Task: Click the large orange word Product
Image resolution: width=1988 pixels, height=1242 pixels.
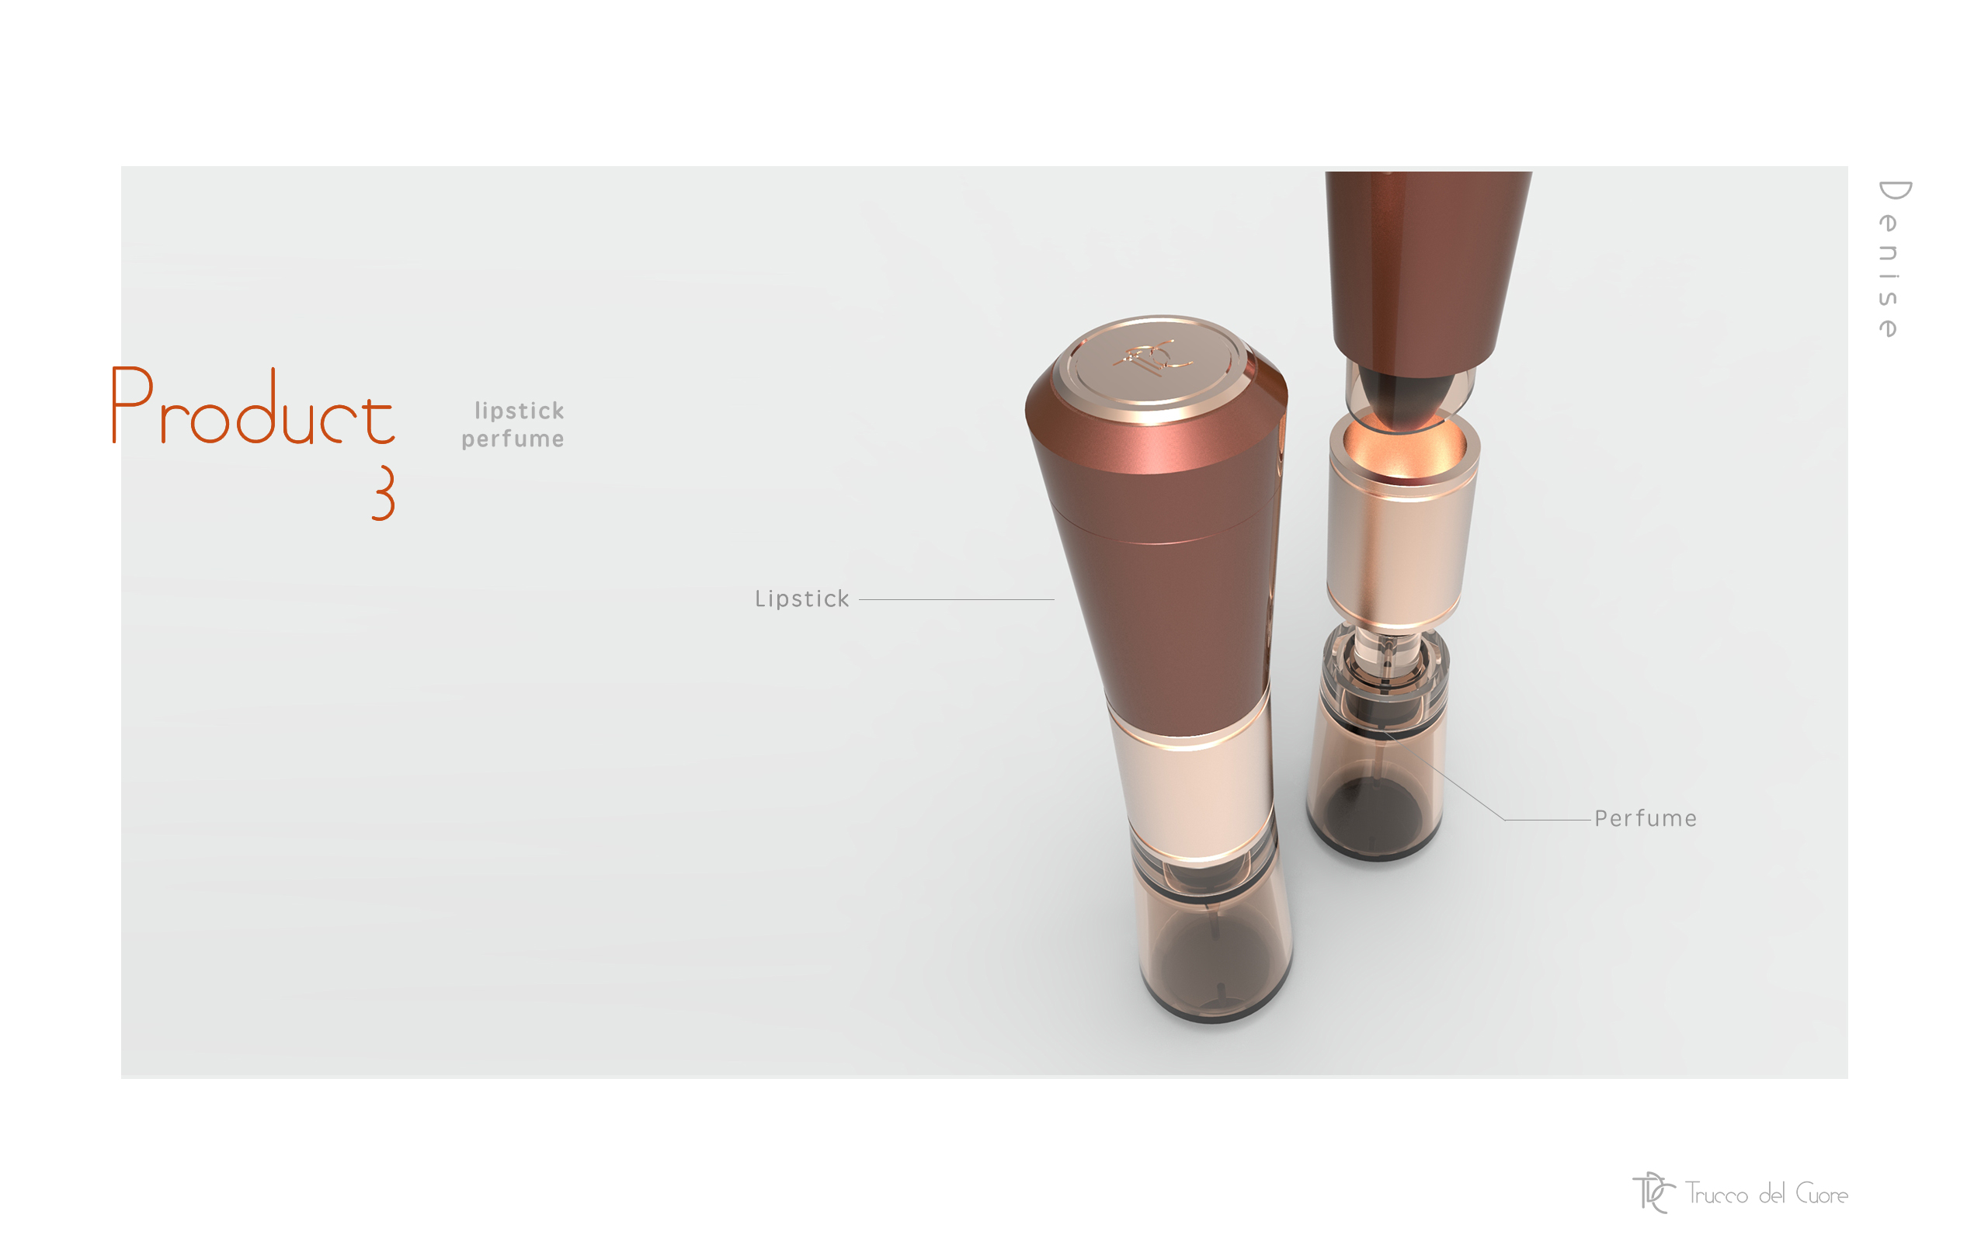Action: pos(253,407)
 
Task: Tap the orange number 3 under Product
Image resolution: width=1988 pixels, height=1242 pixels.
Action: pos(383,493)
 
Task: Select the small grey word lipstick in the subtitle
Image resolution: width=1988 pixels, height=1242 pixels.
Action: pos(520,411)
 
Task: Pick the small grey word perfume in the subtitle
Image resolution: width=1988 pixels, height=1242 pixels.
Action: pos(513,439)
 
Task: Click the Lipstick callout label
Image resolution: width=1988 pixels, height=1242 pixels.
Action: pos(801,598)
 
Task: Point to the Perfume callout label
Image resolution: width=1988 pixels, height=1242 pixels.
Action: pos(1646,818)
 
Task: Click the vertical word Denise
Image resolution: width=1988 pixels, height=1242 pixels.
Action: pos(1891,258)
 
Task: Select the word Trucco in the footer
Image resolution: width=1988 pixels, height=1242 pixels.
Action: pos(1717,1194)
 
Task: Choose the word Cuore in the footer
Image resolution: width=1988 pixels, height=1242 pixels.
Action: pos(1822,1194)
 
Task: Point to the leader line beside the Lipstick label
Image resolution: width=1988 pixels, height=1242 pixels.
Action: pos(956,599)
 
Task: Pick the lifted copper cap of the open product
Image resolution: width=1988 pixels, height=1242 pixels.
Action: pos(1426,263)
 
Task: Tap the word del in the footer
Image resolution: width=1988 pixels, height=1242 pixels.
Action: pos(1772,1194)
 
